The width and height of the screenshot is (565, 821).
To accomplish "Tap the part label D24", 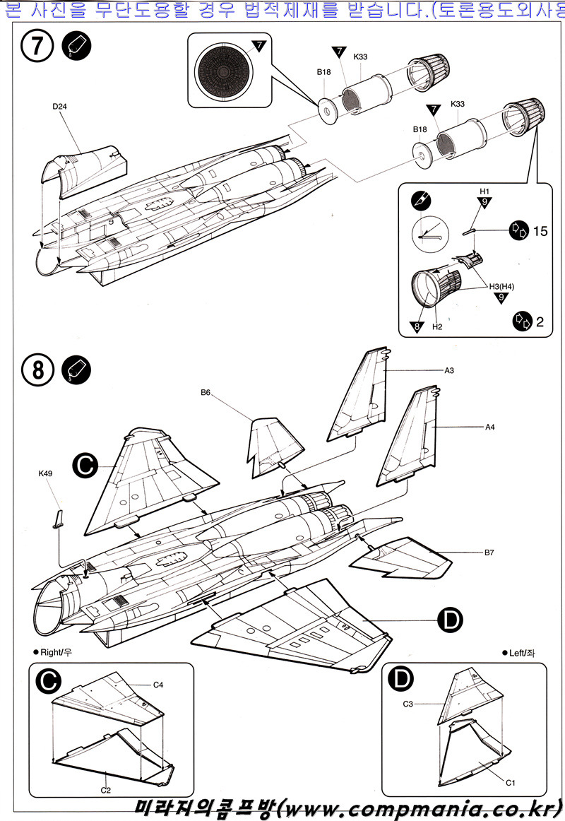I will [60, 107].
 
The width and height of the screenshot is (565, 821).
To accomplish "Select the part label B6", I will [206, 392].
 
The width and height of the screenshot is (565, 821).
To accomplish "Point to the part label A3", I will [449, 370].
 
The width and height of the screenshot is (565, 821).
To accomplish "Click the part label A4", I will [489, 427].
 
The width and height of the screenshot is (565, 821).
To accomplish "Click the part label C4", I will [159, 685].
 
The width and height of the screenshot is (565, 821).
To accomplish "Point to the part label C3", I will [408, 704].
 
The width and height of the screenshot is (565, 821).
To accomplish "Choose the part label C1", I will [509, 783].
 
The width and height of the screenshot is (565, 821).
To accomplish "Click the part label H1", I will [484, 191].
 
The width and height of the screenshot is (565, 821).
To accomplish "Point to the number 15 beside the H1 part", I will [540, 230].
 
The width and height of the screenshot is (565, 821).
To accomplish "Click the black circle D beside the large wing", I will [451, 620].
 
